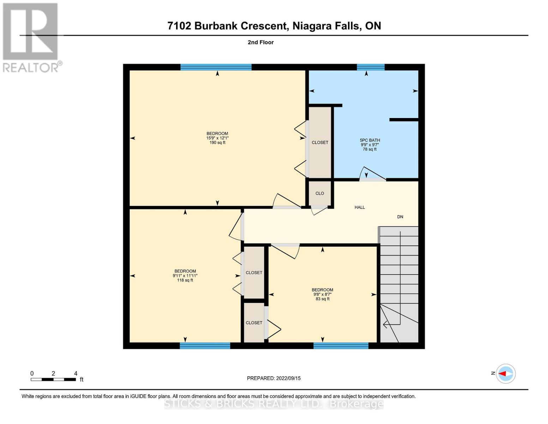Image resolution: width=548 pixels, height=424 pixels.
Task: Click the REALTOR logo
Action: pyautogui.click(x=31, y=37)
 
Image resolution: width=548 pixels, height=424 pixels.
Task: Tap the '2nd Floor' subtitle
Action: pyautogui.click(x=260, y=42)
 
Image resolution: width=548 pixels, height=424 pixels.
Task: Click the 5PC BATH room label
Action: pyautogui.click(x=369, y=140)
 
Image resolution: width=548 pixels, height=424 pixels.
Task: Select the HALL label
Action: pyautogui.click(x=360, y=207)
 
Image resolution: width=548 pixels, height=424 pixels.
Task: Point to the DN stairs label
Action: pyautogui.click(x=400, y=217)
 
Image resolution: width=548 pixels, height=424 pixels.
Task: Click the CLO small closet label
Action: pyautogui.click(x=320, y=193)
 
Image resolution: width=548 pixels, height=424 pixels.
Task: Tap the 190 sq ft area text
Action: pyautogui.click(x=217, y=143)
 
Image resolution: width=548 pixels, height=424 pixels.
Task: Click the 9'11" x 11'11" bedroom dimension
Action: pyautogui.click(x=185, y=276)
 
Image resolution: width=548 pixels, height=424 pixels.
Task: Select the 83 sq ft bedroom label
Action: pyautogui.click(x=322, y=299)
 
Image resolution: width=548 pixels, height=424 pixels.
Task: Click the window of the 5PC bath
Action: pyautogui.click(x=370, y=67)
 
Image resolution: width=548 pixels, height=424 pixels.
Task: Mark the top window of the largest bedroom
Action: pyautogui.click(x=216, y=67)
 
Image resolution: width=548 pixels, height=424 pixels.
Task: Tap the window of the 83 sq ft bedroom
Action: pyautogui.click(x=341, y=346)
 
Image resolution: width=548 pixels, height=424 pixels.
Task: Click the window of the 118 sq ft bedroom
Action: pyautogui.click(x=205, y=346)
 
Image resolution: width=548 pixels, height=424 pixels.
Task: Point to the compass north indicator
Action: pyautogui.click(x=505, y=373)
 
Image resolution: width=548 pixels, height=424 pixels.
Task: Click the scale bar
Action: pyautogui.click(x=53, y=379)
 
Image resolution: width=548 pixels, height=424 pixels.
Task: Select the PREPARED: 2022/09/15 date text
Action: pyautogui.click(x=273, y=378)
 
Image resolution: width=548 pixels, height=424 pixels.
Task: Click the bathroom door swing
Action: pyautogui.click(x=373, y=174)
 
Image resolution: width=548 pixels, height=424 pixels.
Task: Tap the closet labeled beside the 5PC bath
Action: pyautogui.click(x=320, y=142)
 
